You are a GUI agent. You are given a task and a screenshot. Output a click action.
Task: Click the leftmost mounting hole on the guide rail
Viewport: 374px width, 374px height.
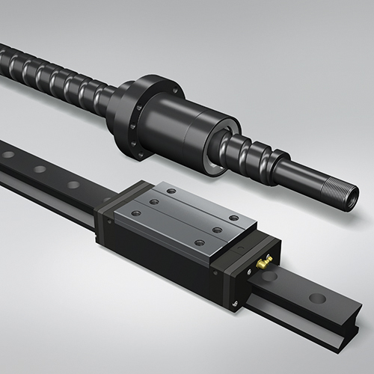[x=8, y=155]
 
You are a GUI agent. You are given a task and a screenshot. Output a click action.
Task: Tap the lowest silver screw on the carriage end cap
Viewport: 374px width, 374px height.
[x=236, y=303]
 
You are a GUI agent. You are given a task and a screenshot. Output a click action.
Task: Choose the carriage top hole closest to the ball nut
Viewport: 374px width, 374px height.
[x=171, y=191]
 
